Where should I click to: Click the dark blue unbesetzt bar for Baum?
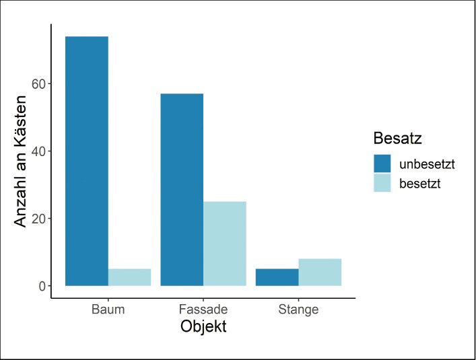tap(87, 161)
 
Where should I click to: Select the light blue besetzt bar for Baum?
tap(130, 277)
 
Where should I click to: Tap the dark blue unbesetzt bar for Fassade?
tap(182, 190)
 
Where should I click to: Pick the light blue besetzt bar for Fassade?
tap(225, 244)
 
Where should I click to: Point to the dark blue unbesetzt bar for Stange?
tap(277, 277)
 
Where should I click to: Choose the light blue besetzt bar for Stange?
tap(320, 272)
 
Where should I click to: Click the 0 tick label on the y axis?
tap(42, 286)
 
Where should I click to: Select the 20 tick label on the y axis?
tap(38, 219)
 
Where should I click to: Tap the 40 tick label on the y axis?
tap(38, 151)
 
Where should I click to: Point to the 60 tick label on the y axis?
tap(38, 84)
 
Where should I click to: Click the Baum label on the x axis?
tap(108, 310)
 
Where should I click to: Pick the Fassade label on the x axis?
tap(203, 310)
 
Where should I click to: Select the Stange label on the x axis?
tap(298, 310)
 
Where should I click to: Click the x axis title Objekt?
tap(203, 327)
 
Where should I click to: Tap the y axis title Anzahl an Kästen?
tap(20, 161)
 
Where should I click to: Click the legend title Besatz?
tap(398, 139)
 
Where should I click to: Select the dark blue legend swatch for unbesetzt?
tap(382, 164)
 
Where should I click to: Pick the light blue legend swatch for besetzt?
tap(382, 183)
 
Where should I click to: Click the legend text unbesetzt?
tap(427, 164)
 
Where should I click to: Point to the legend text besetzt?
tap(420, 184)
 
